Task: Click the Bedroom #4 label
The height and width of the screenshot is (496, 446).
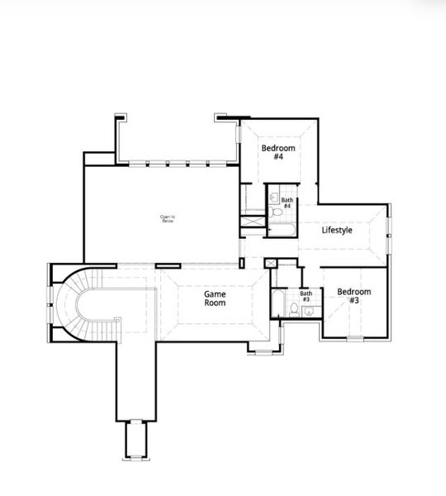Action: tap(278, 153)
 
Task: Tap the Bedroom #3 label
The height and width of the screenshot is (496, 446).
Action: tap(353, 296)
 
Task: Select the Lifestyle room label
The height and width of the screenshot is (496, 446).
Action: tap(337, 230)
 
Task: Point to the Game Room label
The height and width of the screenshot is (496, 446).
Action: tap(216, 298)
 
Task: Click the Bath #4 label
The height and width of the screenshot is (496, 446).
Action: tap(287, 203)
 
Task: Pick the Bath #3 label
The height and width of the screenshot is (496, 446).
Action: tap(306, 296)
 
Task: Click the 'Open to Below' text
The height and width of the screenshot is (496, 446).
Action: tap(168, 219)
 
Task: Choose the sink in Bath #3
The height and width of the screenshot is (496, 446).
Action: tap(308, 312)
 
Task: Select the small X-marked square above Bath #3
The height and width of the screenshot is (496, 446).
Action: tap(270, 263)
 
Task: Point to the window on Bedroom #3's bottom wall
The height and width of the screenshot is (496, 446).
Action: tap(356, 337)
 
